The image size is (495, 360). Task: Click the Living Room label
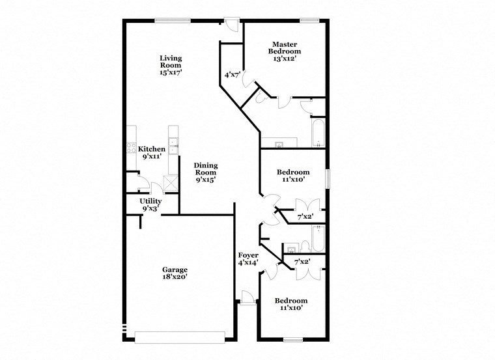coord(171,62)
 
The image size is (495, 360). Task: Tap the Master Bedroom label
coord(287,47)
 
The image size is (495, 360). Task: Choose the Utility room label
coord(150,201)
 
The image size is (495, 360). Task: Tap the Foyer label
coord(248,255)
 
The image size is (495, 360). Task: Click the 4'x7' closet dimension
coord(233,75)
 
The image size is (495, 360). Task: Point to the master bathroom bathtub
coord(318,133)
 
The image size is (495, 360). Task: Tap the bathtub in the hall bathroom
coord(318,238)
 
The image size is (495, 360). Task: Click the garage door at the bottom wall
coord(180,337)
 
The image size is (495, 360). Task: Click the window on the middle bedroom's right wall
coord(328,178)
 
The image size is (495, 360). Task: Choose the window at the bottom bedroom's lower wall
coord(293,339)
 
